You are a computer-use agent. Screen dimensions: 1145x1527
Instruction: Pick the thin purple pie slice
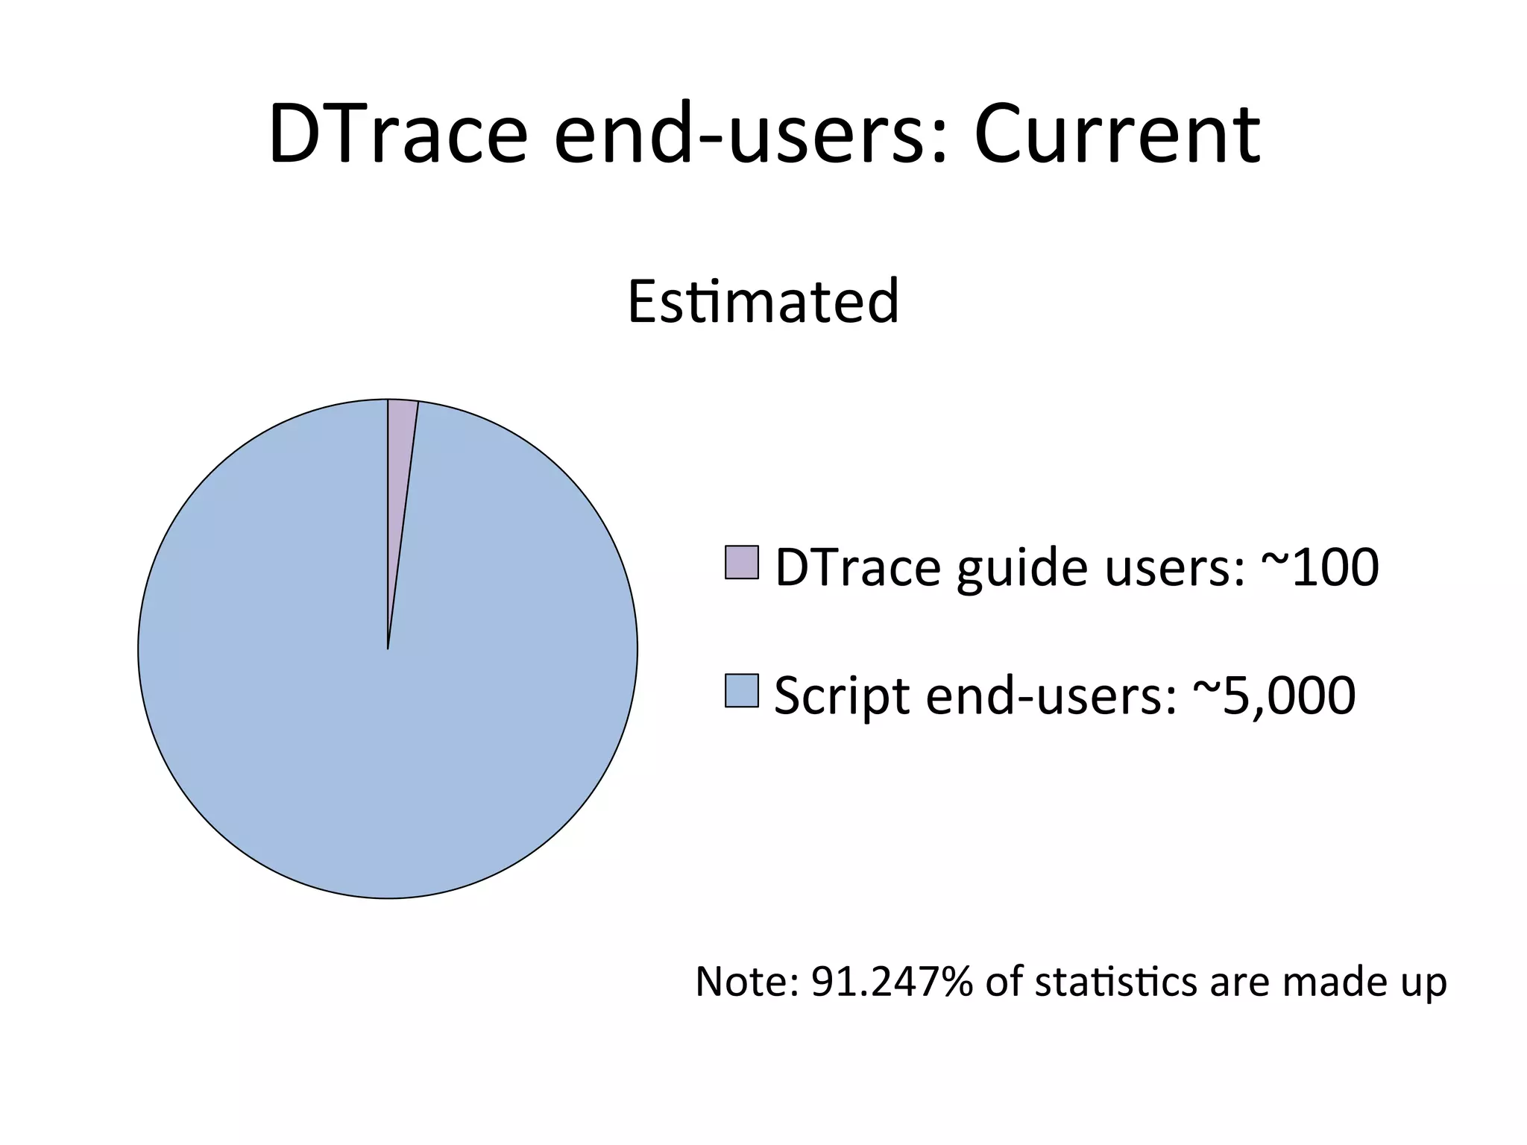400,477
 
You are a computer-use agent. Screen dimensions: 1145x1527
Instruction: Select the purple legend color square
741,562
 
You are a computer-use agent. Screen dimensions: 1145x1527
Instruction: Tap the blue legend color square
741,690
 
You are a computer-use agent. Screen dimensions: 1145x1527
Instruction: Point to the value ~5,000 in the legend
1275,695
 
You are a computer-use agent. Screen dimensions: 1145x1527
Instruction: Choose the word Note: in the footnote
746,982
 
